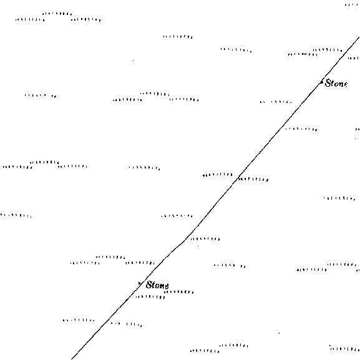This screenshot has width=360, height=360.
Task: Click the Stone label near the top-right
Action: coord(336,84)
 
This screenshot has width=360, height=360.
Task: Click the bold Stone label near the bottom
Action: coord(157,285)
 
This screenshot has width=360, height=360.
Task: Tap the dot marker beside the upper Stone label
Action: coord(322,82)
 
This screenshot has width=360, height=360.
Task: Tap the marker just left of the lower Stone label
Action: coord(140,285)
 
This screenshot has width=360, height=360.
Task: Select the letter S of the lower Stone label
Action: coord(149,285)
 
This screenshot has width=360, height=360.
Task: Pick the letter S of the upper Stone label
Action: coord(328,83)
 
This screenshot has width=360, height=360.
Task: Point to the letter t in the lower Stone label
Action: coord(154,285)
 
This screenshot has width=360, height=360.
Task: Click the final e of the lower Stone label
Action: coord(167,286)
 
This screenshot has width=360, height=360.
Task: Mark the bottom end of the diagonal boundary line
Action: coord(71,359)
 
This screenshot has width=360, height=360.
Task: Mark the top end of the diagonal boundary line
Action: coord(359,37)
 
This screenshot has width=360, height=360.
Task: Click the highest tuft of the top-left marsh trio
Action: coord(57,14)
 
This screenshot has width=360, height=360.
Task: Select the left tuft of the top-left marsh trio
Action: coord(30,20)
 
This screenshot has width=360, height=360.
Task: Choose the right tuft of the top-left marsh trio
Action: coord(86,20)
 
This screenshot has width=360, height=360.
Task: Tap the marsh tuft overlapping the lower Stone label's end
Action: coord(178,292)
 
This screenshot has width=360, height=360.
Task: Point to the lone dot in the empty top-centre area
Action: coord(133,60)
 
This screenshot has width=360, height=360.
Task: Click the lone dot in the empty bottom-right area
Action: coord(279,333)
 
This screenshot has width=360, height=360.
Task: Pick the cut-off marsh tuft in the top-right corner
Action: coord(353,5)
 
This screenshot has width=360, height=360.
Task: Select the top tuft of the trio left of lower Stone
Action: coord(110,258)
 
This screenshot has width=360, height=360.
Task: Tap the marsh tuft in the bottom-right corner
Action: coord(344,349)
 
